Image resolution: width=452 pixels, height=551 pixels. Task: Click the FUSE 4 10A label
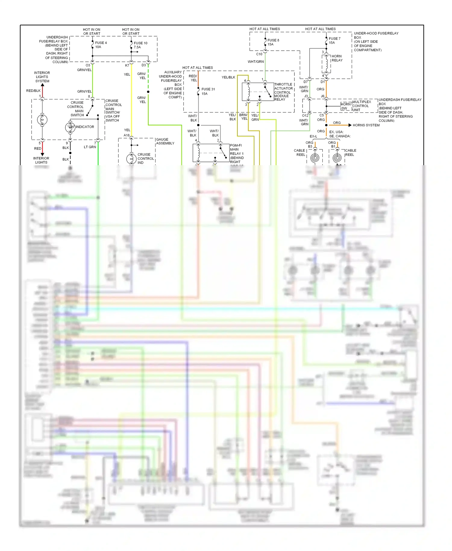pos(101,45)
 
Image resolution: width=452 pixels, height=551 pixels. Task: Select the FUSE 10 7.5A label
pos(140,45)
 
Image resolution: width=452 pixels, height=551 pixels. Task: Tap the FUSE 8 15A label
pos(273,42)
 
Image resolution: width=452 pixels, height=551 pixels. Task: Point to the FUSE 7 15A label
pos(334,40)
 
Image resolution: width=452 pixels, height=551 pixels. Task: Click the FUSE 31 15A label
pos(208,91)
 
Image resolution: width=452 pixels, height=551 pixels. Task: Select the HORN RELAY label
pos(337,58)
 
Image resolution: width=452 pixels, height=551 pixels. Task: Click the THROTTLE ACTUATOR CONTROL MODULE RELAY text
pos(283,92)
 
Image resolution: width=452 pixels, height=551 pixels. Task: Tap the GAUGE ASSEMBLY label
pos(165,141)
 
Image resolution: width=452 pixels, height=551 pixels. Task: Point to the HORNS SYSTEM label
pos(366,125)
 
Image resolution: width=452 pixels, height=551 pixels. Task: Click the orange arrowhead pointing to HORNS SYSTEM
pos(350,125)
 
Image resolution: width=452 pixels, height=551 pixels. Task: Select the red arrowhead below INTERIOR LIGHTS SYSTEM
pos(42,85)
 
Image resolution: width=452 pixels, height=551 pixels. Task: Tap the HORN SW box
pos(345,106)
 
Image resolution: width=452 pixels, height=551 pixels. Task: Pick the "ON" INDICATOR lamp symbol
pos(70,127)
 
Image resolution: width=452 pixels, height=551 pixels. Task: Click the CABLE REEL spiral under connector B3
pos(315,158)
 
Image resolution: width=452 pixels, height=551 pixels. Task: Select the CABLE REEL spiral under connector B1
pos(337,158)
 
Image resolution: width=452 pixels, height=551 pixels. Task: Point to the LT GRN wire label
pos(90,147)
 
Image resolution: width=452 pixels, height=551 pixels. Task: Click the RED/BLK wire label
pos(33,91)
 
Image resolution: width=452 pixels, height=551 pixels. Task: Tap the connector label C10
pos(259,54)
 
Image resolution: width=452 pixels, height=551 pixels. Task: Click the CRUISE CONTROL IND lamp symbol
pos(131,159)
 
